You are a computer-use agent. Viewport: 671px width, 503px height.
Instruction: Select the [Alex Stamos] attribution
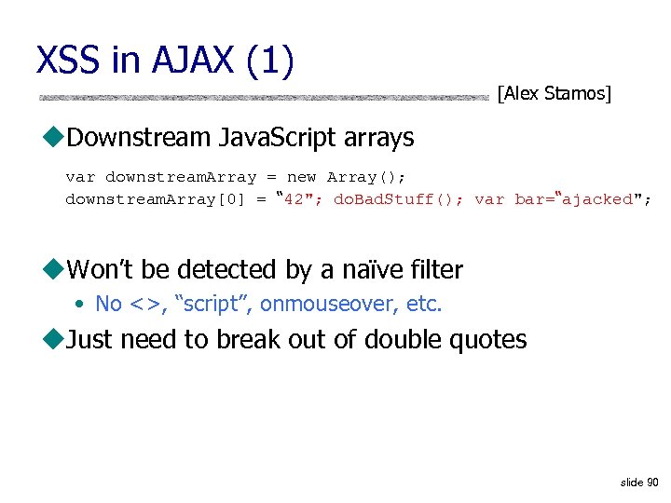pos(555,93)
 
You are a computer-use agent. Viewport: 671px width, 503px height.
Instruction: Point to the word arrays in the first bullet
pos(377,139)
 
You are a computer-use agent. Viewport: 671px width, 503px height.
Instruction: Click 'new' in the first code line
pos(301,177)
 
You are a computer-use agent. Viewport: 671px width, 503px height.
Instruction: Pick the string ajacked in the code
pos(597,199)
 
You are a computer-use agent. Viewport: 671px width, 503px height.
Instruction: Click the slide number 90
pos(652,483)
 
